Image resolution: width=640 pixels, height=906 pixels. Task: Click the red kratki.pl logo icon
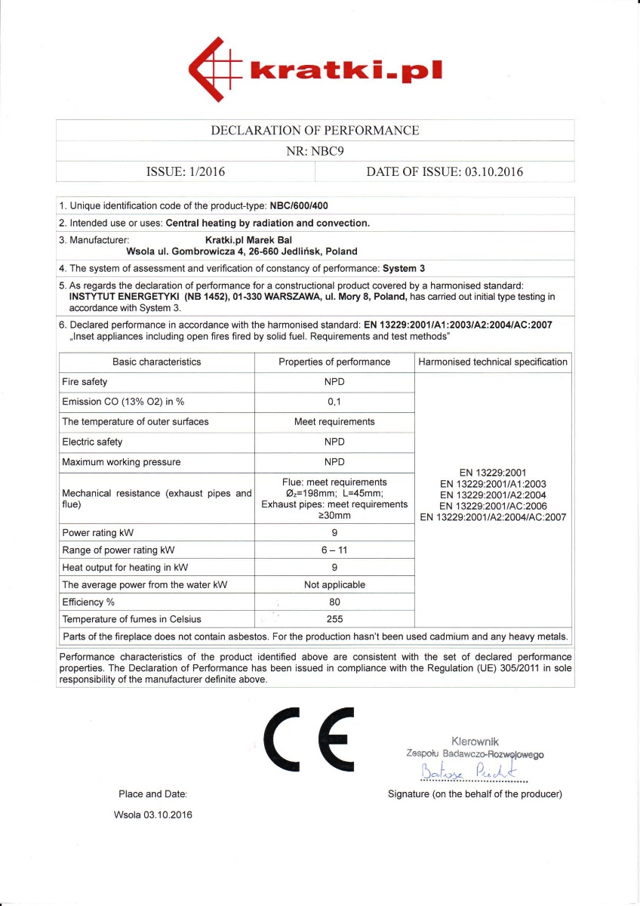[x=214, y=71]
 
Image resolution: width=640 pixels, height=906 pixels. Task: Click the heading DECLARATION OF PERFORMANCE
[x=315, y=130]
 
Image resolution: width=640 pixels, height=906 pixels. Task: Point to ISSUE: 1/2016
[x=185, y=171]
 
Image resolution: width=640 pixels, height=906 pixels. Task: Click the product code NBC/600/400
[x=299, y=206]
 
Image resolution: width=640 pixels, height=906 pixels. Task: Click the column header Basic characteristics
[x=156, y=362]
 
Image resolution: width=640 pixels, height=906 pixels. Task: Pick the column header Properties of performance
[x=334, y=362]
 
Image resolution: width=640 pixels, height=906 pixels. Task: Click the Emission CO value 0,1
[x=334, y=402]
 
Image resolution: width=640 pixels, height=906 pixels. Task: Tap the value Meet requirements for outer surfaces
[x=334, y=421]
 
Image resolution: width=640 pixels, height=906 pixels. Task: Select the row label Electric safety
[x=92, y=442]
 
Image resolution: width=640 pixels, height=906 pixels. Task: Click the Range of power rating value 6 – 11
[x=334, y=550]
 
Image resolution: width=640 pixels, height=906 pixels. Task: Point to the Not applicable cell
[x=334, y=584]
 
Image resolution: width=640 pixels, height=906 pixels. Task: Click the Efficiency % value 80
[x=334, y=602]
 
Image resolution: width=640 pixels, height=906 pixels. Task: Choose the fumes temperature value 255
[x=334, y=619]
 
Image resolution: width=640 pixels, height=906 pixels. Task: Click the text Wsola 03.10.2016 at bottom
[x=153, y=815]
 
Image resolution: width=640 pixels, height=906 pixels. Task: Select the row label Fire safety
[x=85, y=382]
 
